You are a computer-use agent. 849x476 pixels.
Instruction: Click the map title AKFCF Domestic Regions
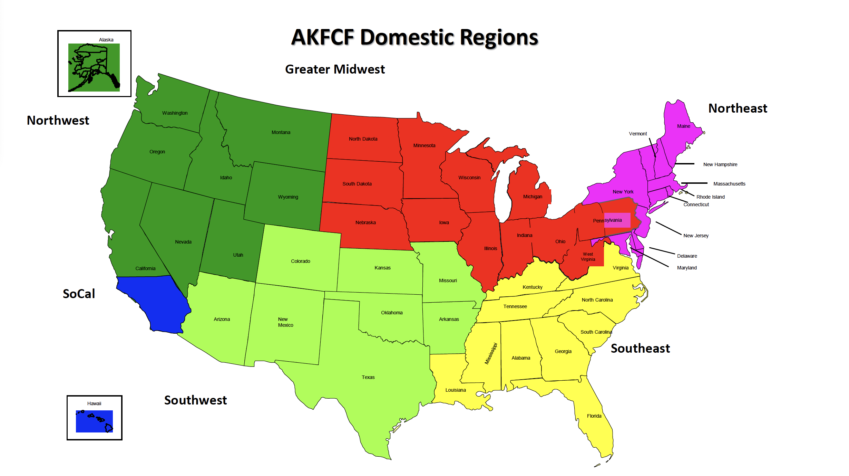point(414,37)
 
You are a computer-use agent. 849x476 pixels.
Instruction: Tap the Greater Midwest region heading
point(335,69)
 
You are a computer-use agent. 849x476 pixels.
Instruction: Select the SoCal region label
point(79,294)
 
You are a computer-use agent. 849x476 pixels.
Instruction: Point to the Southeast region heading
point(640,348)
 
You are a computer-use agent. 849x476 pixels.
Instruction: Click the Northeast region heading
point(738,108)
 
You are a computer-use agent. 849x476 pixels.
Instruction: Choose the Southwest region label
point(195,400)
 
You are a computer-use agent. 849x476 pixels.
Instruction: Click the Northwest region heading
point(58,121)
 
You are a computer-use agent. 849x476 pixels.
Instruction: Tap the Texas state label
point(368,377)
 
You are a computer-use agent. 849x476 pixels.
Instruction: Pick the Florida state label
point(594,416)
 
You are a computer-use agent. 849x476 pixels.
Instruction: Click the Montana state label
point(281,132)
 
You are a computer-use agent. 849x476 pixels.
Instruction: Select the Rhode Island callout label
point(710,197)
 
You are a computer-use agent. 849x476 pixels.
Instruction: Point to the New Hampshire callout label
point(720,164)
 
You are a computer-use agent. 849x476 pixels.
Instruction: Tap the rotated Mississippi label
point(491,353)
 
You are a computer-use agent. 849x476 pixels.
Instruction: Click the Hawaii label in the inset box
point(94,403)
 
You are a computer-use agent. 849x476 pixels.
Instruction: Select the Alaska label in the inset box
point(106,40)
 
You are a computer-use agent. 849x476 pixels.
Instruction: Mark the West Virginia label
point(588,257)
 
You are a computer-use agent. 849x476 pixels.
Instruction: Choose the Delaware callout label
point(687,256)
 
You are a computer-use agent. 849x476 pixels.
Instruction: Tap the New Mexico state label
point(285,322)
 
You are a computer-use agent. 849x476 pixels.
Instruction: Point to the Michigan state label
point(533,197)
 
